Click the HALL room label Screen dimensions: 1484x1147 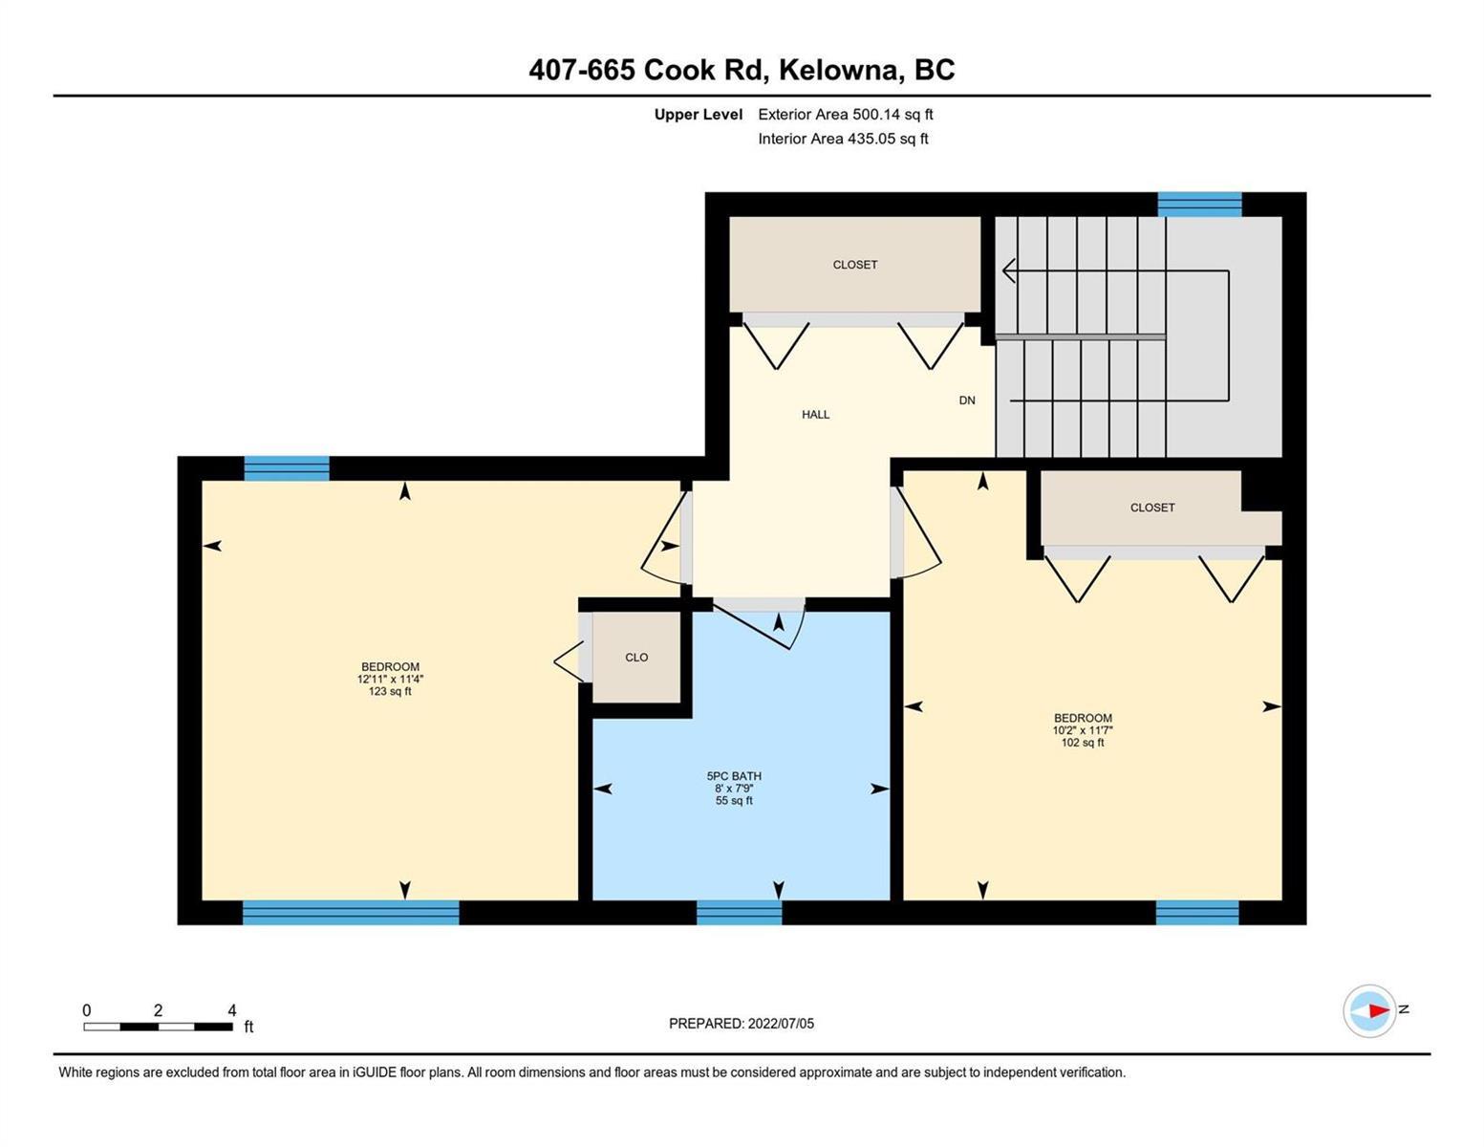(815, 415)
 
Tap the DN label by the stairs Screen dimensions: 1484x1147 (967, 400)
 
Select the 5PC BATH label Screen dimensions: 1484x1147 (734, 776)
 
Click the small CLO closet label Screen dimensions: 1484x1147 (636, 658)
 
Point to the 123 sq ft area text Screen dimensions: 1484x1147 (390, 691)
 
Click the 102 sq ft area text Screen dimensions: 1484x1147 (1083, 743)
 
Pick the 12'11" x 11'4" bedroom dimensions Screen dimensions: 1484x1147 (390, 679)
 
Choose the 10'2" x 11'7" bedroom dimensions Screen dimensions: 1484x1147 (1083, 730)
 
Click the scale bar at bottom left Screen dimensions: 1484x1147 (158, 1026)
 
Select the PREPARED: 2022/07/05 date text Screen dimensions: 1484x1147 (742, 1024)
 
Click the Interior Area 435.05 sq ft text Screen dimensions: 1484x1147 (844, 139)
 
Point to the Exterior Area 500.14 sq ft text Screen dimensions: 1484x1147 (846, 114)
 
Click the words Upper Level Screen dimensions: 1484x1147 (698, 114)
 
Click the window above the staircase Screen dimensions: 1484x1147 (1199, 205)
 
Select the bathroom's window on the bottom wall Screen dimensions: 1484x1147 (739, 913)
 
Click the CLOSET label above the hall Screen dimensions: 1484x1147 (855, 265)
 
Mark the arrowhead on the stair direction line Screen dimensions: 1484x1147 (1009, 271)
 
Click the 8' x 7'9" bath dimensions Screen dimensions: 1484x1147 (734, 789)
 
